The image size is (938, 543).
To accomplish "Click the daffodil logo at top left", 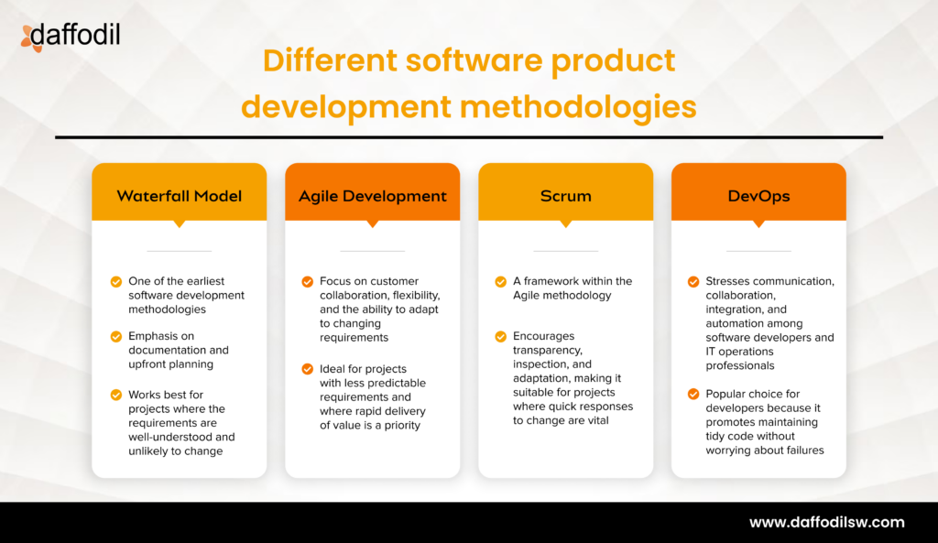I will pos(70,37).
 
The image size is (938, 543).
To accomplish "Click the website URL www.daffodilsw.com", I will pos(826,523).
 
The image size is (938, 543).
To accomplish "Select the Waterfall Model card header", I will pos(180,196).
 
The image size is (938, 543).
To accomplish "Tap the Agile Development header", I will pos(373,196).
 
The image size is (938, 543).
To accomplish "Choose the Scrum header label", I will pos(565,196).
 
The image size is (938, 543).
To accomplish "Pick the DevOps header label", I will pos(758,196).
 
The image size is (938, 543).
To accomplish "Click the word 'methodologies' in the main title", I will pos(578,107).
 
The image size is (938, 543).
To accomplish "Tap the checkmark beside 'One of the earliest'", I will pos(115,282).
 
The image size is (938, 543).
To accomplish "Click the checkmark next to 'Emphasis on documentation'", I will pos(115,337).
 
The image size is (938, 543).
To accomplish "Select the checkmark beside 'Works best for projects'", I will pos(115,396).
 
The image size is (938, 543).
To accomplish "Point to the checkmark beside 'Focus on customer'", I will pos(308,282).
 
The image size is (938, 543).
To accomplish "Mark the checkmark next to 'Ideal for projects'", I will pos(308,369).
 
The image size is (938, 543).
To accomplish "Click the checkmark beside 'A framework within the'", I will pos(501,282).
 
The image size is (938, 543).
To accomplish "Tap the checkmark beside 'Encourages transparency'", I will pos(501,337).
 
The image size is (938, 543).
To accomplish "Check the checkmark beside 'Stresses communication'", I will pos(693,282).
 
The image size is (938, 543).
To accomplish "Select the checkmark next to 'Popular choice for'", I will pos(693,395).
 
